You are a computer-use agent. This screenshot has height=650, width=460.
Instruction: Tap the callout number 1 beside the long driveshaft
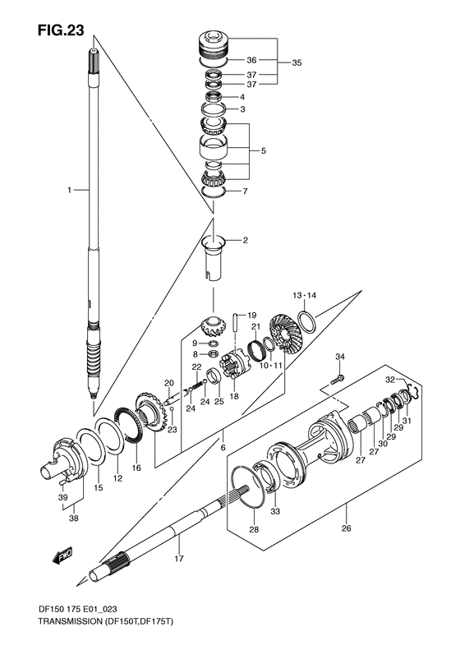pyautogui.click(x=70, y=190)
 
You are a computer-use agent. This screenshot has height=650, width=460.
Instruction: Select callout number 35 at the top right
pyautogui.click(x=297, y=62)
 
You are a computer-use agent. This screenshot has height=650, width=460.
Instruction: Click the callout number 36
pyautogui.click(x=251, y=60)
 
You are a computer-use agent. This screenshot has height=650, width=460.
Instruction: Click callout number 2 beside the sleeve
pyautogui.click(x=244, y=241)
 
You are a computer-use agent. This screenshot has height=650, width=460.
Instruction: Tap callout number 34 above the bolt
pyautogui.click(x=341, y=356)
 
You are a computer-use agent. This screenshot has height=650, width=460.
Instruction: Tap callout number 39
pyautogui.click(x=62, y=497)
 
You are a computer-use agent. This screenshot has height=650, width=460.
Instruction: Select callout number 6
pyautogui.click(x=222, y=446)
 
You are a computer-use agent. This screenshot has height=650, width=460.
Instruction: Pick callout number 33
pyautogui.click(x=274, y=511)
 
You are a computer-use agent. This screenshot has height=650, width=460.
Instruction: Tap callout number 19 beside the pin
pyautogui.click(x=252, y=315)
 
